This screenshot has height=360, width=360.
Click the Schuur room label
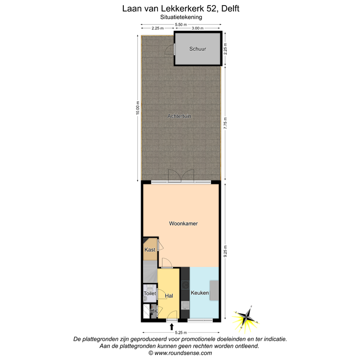[197, 49]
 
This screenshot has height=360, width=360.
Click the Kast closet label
[150, 250]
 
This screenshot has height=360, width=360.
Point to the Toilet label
[150, 293]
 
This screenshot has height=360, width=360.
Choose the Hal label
[169, 296]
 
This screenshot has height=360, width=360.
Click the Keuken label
[200, 293]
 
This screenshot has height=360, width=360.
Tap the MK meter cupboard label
[153, 311]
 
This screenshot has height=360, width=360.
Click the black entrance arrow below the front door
[172, 327]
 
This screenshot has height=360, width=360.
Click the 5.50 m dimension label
[180, 24]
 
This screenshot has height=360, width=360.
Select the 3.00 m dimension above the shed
[198, 29]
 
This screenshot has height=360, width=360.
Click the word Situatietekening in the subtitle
[180, 17]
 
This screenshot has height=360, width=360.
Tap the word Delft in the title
[226, 8]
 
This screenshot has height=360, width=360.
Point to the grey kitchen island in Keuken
[214, 290]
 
